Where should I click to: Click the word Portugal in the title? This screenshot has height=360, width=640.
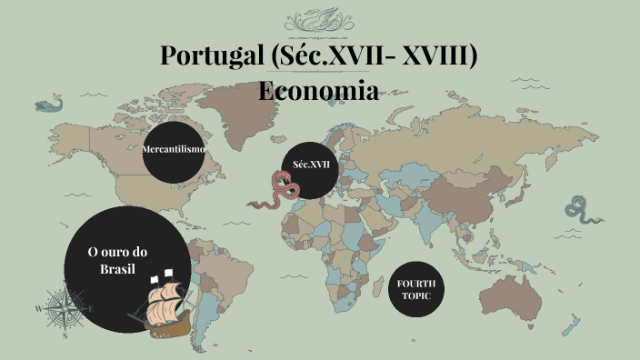[211, 55]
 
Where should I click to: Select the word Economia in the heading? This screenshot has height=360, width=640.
[318, 91]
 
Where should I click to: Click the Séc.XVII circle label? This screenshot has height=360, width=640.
[311, 165]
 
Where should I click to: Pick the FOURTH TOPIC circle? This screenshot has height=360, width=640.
[416, 290]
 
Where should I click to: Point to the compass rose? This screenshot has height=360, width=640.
[65, 308]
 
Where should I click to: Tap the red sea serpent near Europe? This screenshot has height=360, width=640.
[273, 192]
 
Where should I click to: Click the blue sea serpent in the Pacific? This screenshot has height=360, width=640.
[578, 211]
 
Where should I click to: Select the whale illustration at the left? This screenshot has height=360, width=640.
[48, 105]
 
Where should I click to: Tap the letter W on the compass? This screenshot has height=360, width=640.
[38, 309]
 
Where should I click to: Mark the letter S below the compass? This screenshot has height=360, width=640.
[65, 335]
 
